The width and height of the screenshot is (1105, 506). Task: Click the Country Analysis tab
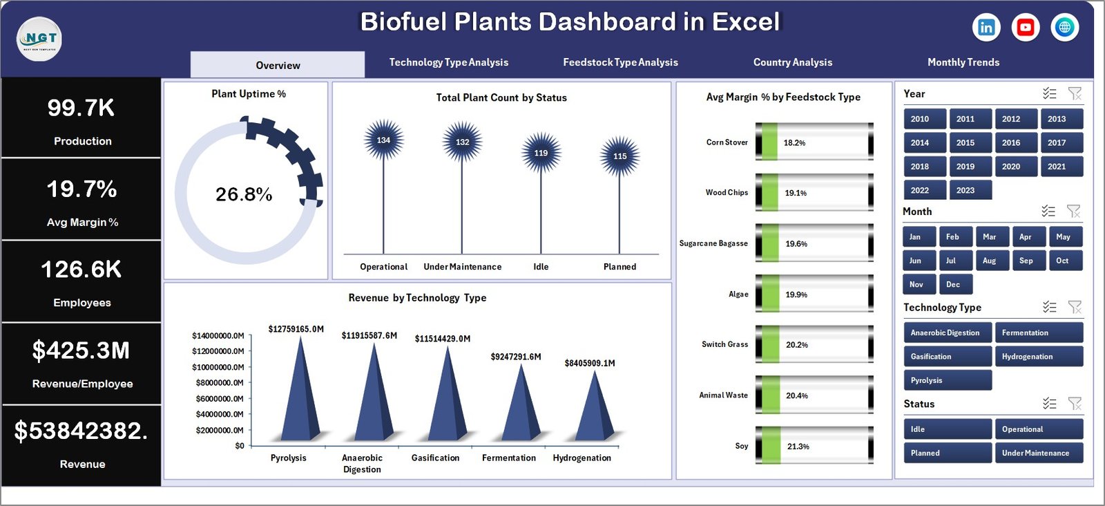(x=792, y=62)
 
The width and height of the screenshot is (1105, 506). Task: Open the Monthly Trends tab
(x=963, y=62)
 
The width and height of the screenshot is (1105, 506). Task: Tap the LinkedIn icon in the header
(x=986, y=27)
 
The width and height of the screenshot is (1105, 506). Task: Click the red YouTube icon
(x=1026, y=27)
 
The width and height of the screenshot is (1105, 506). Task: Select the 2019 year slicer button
(x=965, y=167)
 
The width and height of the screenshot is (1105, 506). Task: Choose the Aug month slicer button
(x=989, y=261)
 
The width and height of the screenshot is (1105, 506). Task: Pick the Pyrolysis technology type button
(x=947, y=380)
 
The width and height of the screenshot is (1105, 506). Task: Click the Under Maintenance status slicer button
(x=1037, y=453)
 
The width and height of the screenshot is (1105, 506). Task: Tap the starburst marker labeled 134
(x=383, y=140)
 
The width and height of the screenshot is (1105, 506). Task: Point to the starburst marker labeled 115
(x=619, y=156)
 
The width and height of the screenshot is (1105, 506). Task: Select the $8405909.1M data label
(x=589, y=363)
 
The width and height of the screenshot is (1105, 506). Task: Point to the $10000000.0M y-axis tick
(x=218, y=367)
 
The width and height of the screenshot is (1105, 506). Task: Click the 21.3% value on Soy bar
(x=798, y=447)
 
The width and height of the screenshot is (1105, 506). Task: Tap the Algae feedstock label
(x=738, y=294)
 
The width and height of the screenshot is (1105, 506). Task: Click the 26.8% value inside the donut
(x=244, y=194)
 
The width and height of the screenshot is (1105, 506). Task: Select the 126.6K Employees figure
(x=81, y=270)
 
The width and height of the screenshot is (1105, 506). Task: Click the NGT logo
(x=39, y=39)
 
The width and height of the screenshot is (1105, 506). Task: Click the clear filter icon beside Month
(x=1073, y=211)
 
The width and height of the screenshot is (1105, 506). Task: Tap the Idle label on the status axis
(x=541, y=267)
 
